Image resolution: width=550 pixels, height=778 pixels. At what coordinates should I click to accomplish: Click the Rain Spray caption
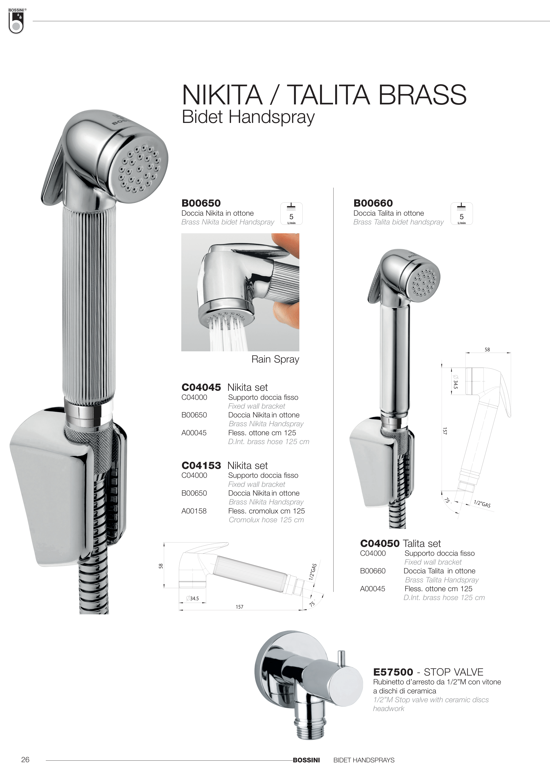[x=275, y=359]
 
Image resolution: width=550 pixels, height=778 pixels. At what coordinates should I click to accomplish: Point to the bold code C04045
[x=201, y=387]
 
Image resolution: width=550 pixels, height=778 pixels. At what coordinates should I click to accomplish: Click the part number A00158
[x=194, y=511]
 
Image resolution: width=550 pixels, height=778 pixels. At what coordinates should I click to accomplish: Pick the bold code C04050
[x=380, y=543]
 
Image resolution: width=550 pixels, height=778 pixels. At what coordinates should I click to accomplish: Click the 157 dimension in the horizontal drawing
[x=240, y=607]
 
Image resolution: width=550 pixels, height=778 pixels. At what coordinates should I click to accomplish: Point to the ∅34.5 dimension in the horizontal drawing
[x=193, y=598]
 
